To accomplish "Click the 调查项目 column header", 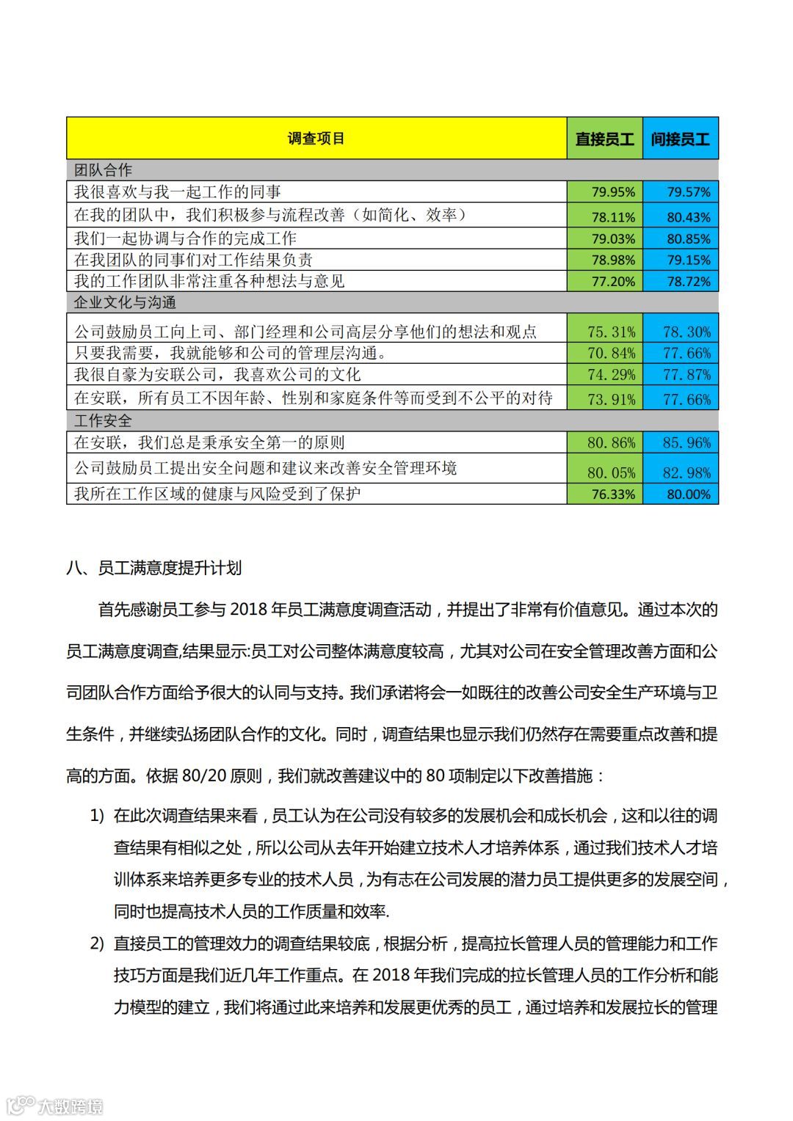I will [316, 139].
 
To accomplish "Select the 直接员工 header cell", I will [604, 139].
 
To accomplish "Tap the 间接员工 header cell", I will [680, 139].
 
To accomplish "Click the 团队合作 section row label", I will [104, 170].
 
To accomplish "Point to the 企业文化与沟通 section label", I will [126, 302].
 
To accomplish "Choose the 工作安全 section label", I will [104, 420].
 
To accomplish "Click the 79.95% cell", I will [613, 192].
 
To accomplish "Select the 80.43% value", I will [688, 217].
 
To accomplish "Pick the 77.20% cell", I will [613, 281].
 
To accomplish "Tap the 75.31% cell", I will [612, 332].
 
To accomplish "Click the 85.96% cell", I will [687, 442].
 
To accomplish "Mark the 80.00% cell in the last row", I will [688, 494].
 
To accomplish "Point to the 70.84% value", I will [612, 353].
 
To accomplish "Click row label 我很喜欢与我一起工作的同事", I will [178, 192].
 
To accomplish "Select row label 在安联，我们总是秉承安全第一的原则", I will [209, 442].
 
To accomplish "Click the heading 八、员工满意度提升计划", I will [154, 569].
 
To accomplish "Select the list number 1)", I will [98, 816].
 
